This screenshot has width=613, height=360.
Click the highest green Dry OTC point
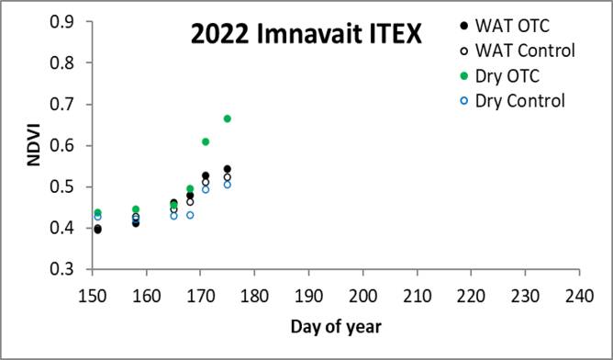point(228,118)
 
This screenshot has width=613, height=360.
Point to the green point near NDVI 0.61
point(206,141)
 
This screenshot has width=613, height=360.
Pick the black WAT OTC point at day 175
point(228,169)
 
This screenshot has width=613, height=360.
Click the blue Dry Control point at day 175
point(228,185)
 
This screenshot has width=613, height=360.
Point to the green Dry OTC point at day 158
point(136,209)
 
